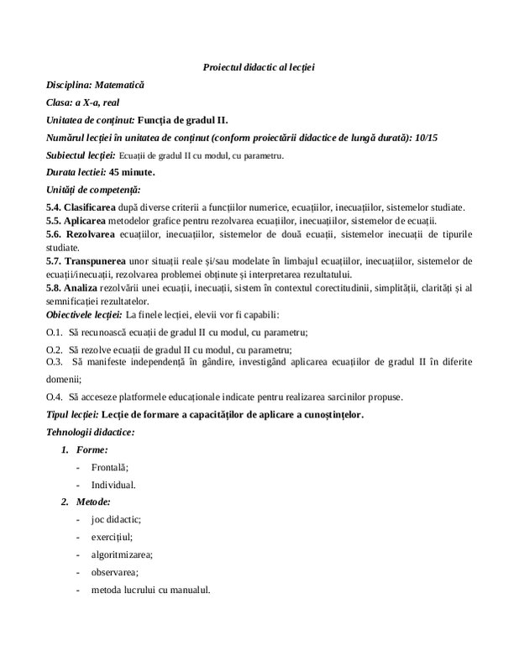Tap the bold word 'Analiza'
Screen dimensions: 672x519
(82, 287)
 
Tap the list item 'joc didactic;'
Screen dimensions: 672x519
(117, 520)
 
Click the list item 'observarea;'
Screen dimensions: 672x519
(115, 573)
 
